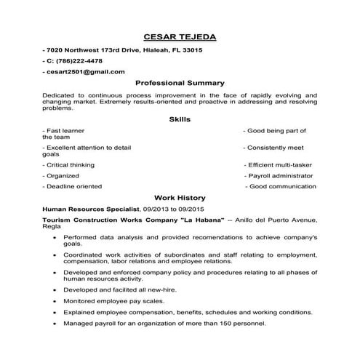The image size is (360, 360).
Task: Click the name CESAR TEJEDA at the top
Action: click(x=180, y=36)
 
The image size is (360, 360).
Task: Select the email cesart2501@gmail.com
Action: click(x=85, y=71)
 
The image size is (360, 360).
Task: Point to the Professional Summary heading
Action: click(x=180, y=83)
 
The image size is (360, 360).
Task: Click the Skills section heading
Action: click(x=180, y=119)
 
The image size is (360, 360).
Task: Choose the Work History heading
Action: click(x=180, y=197)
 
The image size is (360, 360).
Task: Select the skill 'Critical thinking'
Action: click(x=68, y=164)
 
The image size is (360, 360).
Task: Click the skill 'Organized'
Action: click(x=62, y=175)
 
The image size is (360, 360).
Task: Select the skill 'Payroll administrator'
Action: click(x=281, y=175)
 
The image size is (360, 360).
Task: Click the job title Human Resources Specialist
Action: click(x=85, y=208)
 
